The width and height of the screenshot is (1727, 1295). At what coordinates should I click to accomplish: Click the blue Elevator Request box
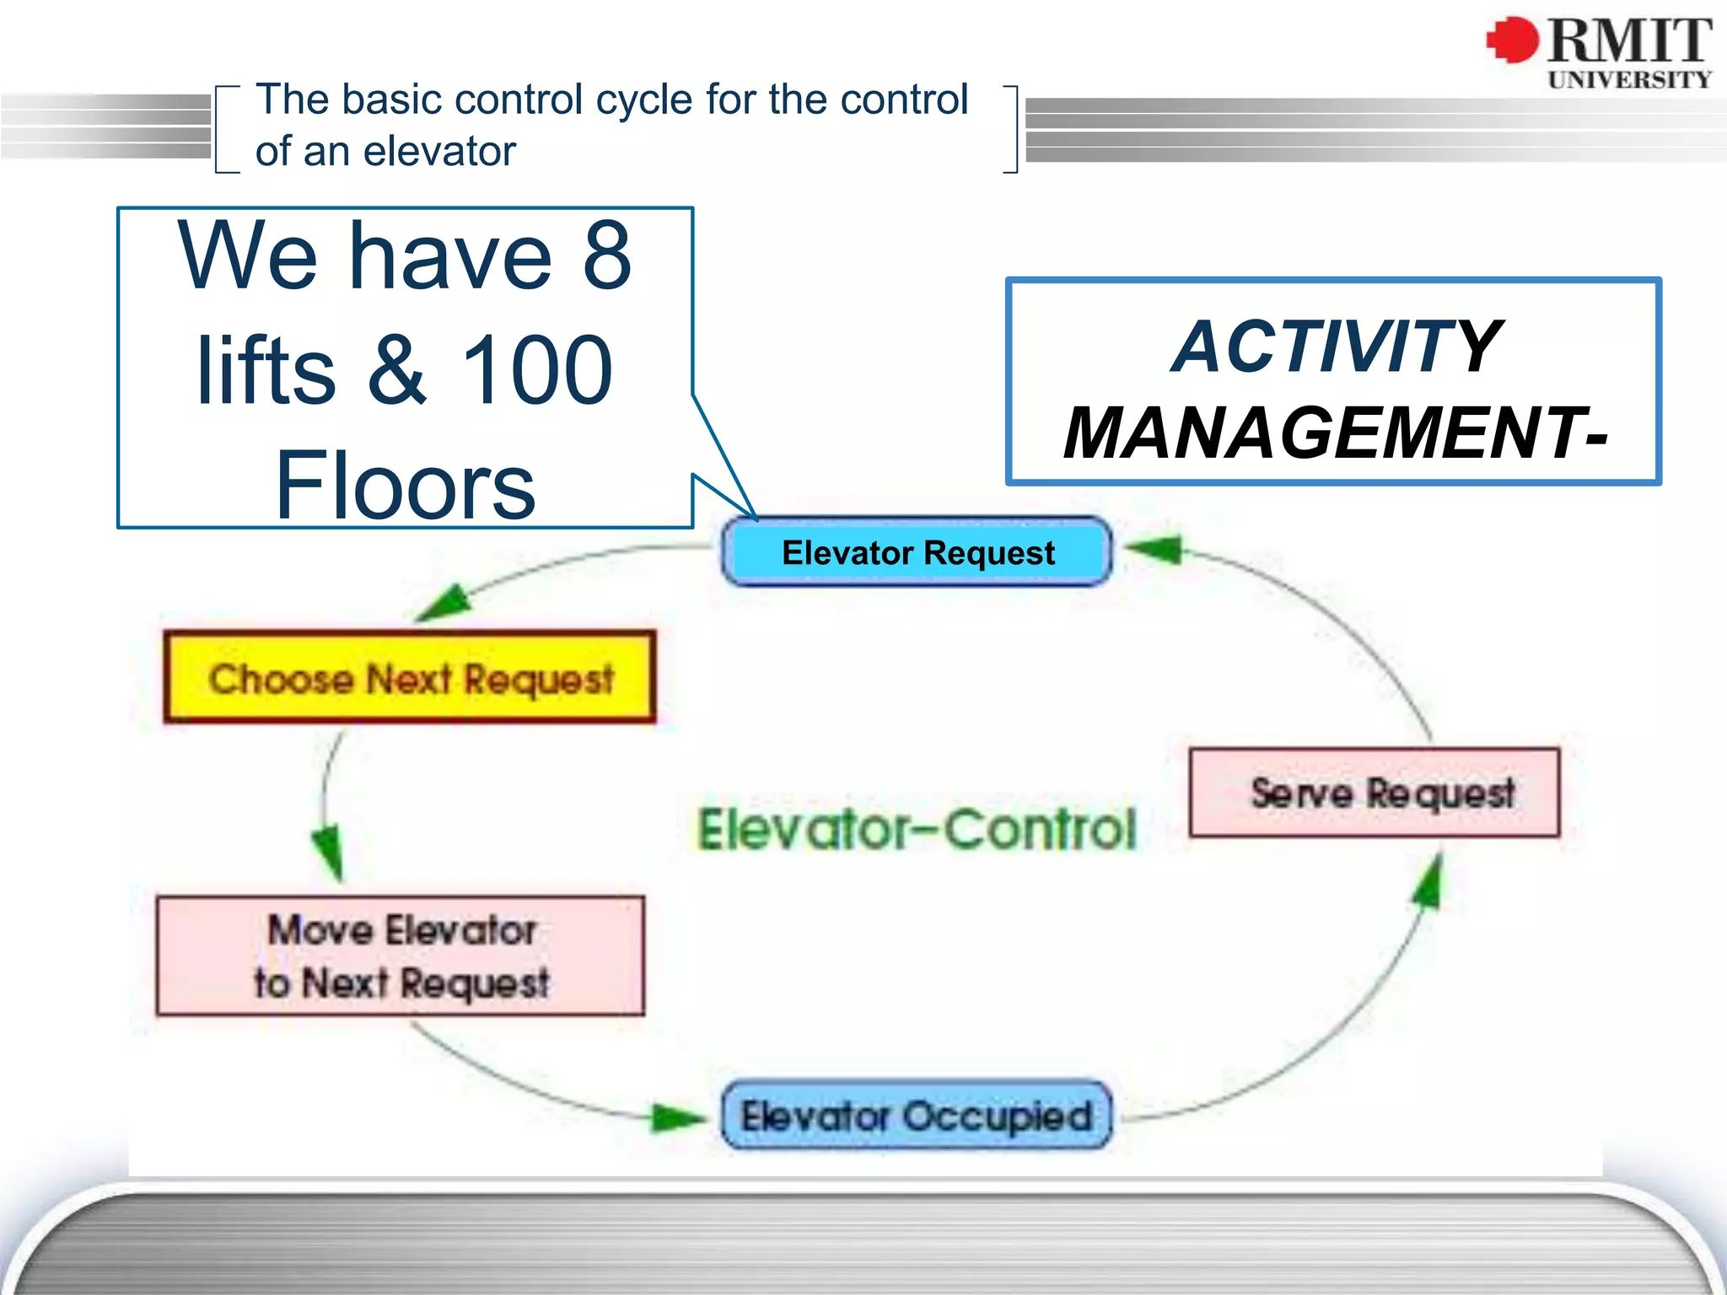pyautogui.click(x=917, y=552)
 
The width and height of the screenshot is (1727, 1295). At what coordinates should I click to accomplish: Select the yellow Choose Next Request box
pyautogui.click(x=410, y=678)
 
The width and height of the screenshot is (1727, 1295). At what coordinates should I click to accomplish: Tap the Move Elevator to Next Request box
pyautogui.click(x=401, y=956)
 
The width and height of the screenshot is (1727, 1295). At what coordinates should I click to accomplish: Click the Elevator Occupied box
pyautogui.click(x=917, y=1115)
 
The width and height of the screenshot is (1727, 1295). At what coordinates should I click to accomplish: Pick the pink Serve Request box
pyautogui.click(x=1375, y=793)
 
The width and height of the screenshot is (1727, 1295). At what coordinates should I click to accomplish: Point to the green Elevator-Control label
pyautogui.click(x=917, y=830)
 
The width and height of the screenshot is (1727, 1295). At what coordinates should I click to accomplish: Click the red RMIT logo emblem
pyautogui.click(x=1512, y=40)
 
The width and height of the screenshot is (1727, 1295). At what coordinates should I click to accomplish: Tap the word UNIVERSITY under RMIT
pyautogui.click(x=1629, y=80)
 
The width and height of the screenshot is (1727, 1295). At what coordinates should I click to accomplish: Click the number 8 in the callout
pyautogui.click(x=606, y=255)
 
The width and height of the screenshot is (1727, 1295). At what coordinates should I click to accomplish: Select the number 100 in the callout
pyautogui.click(x=536, y=371)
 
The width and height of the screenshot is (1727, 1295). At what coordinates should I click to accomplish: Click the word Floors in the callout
pyautogui.click(x=405, y=486)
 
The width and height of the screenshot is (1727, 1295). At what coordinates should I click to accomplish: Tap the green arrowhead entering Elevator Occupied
pyautogui.click(x=680, y=1118)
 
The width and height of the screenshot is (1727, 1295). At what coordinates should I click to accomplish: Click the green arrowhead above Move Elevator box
pyautogui.click(x=329, y=852)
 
